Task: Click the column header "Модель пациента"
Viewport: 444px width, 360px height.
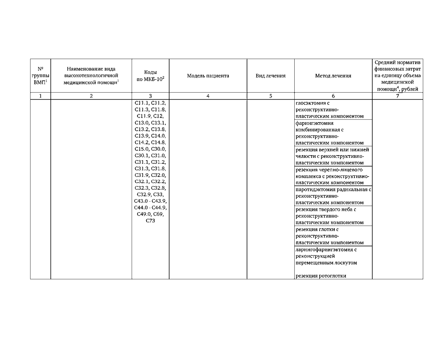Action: [x=208, y=76]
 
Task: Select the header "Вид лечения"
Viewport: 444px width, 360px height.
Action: [x=271, y=76]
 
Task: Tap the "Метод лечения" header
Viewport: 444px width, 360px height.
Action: [x=333, y=76]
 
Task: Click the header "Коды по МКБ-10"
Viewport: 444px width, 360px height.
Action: [x=150, y=76]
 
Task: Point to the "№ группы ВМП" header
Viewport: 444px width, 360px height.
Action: [x=40, y=76]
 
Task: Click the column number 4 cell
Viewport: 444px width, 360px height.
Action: [x=208, y=96]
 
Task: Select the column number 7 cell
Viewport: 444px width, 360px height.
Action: [x=398, y=96]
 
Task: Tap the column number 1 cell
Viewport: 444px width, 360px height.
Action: [x=40, y=96]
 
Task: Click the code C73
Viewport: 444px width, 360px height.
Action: [x=150, y=221]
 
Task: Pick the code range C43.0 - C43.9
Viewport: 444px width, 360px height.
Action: [x=150, y=201]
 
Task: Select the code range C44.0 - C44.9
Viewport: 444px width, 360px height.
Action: [x=150, y=207]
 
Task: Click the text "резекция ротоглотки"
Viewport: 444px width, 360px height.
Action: [x=321, y=276]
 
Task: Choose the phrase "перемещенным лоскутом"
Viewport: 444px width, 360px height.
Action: [x=326, y=263]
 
